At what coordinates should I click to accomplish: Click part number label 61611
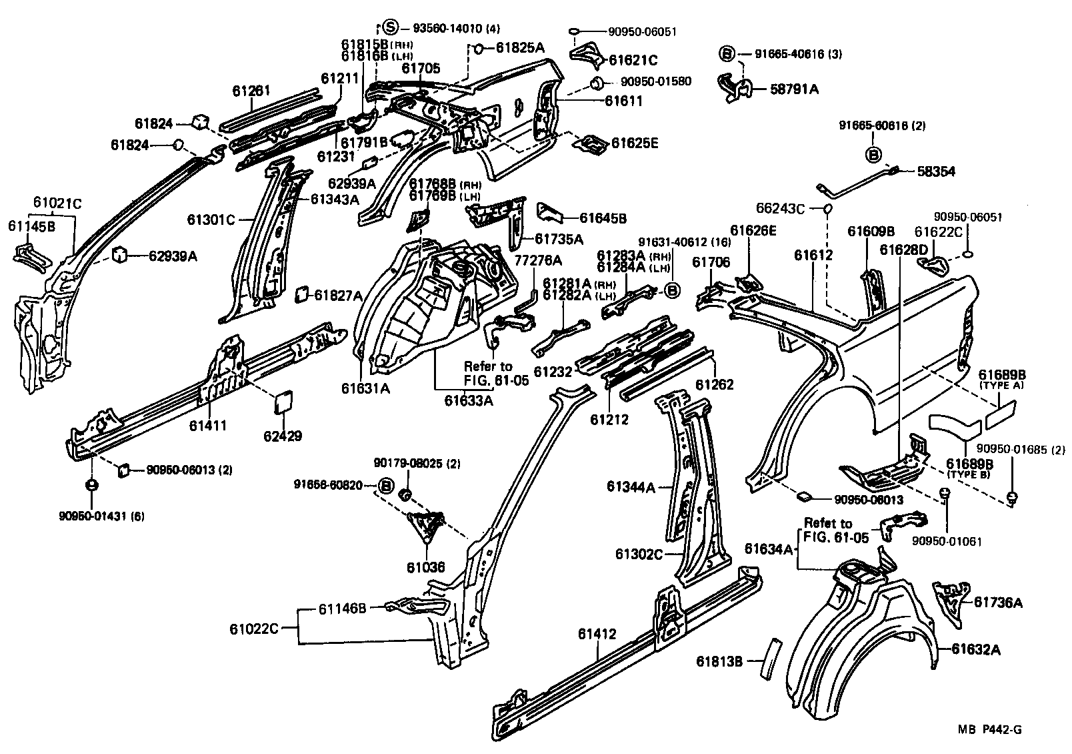(623, 101)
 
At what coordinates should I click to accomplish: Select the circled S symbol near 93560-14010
(391, 27)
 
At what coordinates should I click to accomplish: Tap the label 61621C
(633, 61)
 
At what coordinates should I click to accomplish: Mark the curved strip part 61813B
(773, 657)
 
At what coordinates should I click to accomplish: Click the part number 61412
(597, 634)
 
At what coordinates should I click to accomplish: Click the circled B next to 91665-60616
(873, 155)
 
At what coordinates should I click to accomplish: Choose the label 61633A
(469, 400)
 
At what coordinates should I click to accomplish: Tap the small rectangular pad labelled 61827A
(301, 294)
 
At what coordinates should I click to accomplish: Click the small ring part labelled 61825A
(478, 48)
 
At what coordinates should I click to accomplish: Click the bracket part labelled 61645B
(550, 213)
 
